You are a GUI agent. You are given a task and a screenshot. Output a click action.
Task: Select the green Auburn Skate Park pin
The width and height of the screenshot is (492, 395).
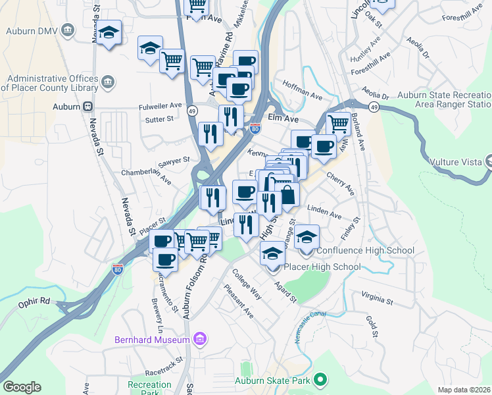coord(320,379)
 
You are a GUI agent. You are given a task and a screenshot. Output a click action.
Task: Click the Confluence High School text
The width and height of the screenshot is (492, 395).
coord(365,250)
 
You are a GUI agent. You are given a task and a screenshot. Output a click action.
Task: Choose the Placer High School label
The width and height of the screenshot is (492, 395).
coord(322,267)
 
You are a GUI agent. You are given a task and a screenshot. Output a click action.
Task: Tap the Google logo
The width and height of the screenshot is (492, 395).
coord(22,387)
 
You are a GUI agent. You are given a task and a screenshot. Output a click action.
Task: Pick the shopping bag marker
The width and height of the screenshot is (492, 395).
coord(287,194)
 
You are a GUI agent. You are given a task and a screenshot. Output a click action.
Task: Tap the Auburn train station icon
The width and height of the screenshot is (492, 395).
coord(87,106)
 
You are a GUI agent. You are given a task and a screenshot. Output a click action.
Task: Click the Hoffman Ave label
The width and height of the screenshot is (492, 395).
coord(302,90)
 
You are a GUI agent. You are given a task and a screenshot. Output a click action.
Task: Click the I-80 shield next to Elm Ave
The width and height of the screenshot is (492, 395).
coord(255,129)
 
